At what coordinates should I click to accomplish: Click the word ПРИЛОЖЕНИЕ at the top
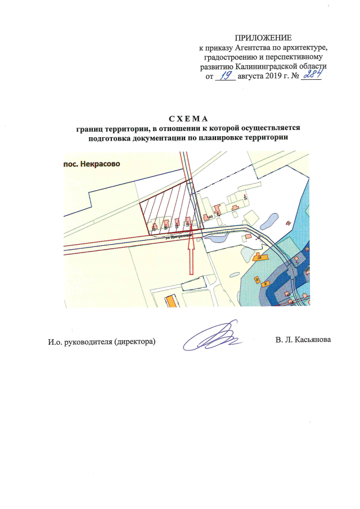263,37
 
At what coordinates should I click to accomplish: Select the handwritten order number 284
310,74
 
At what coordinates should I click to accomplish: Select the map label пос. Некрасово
91,164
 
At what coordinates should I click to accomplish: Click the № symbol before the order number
293,75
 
